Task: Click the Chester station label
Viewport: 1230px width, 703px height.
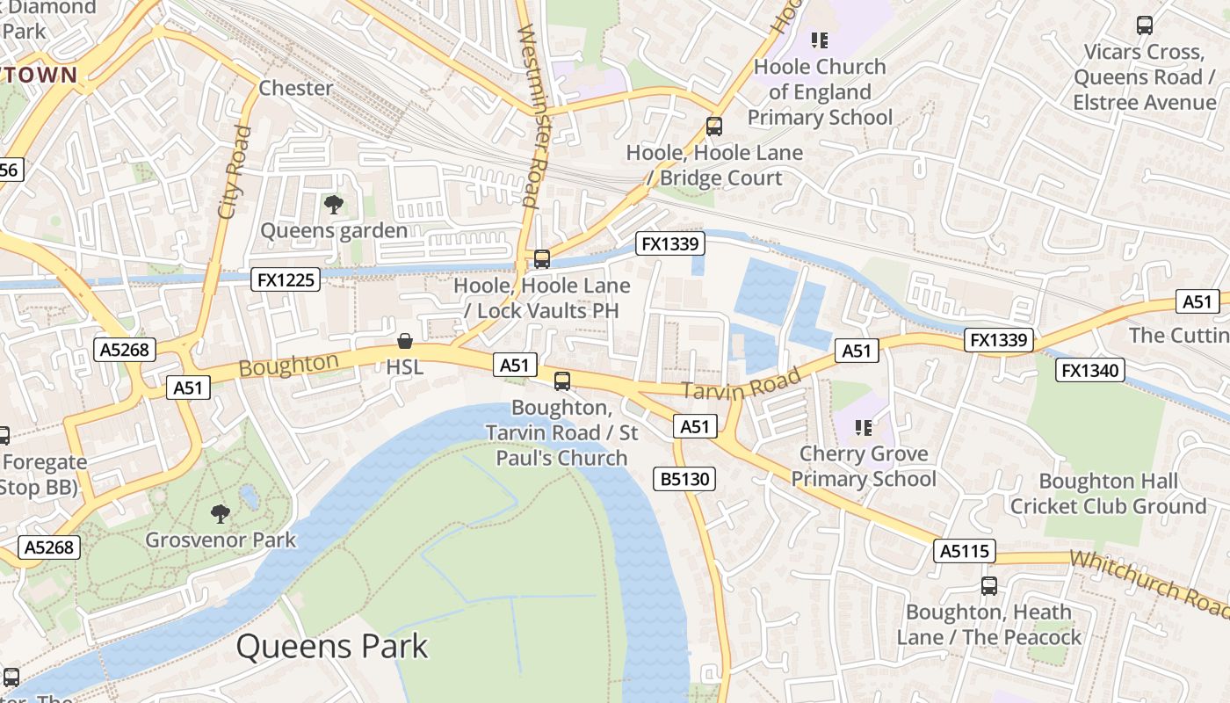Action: (296, 88)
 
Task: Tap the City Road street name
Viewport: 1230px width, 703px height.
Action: (234, 173)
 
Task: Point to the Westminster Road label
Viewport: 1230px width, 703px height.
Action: (533, 114)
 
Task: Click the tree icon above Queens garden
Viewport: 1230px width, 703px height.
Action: (333, 205)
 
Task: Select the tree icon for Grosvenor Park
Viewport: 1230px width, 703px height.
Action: (221, 513)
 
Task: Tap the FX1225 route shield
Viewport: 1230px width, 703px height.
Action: (286, 279)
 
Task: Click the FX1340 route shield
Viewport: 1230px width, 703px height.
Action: (1090, 370)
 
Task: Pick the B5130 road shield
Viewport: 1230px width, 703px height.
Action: (684, 479)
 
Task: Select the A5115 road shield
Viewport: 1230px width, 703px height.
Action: (965, 551)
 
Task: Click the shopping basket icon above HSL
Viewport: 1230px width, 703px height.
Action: (405, 341)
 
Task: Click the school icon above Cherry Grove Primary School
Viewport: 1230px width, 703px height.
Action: (864, 428)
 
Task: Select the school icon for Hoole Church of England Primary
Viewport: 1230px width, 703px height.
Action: (820, 40)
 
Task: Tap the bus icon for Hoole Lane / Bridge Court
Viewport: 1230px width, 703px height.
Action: (714, 127)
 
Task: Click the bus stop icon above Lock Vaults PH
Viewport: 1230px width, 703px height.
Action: (542, 259)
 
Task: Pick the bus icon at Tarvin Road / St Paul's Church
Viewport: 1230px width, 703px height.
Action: (562, 381)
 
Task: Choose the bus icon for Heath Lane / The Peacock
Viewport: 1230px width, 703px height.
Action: (989, 585)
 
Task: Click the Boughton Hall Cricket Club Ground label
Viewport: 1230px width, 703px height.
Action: (1108, 494)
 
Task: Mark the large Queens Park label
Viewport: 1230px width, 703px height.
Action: (332, 647)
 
